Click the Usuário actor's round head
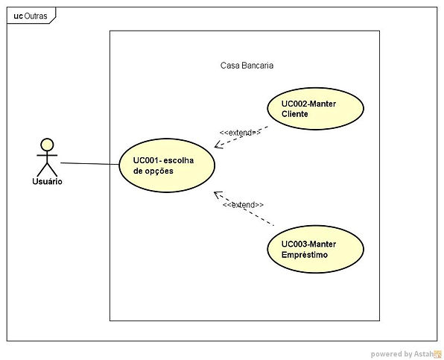pyautogui.click(x=47, y=145)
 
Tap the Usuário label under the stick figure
pyautogui.click(x=47, y=181)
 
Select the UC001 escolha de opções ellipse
pyautogui.click(x=167, y=165)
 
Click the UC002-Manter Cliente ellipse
pyautogui.click(x=315, y=109)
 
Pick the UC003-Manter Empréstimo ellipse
pyautogui.click(x=315, y=249)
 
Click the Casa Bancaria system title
pyautogui.click(x=247, y=66)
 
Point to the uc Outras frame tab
pyautogui.click(x=31, y=16)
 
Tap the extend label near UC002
pyautogui.click(x=240, y=133)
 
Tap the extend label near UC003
pyautogui.click(x=244, y=204)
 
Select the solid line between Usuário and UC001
pyautogui.click(x=89, y=164)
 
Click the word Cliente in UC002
pyautogui.click(x=295, y=114)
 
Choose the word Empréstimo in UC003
pyautogui.click(x=305, y=255)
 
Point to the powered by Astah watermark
pyautogui.click(x=406, y=354)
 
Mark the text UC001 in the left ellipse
pyautogui.click(x=147, y=160)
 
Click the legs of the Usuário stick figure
pyautogui.click(x=47, y=169)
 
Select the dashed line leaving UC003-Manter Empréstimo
pyautogui.click(x=244, y=209)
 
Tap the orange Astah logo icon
pyautogui.click(x=438, y=354)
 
